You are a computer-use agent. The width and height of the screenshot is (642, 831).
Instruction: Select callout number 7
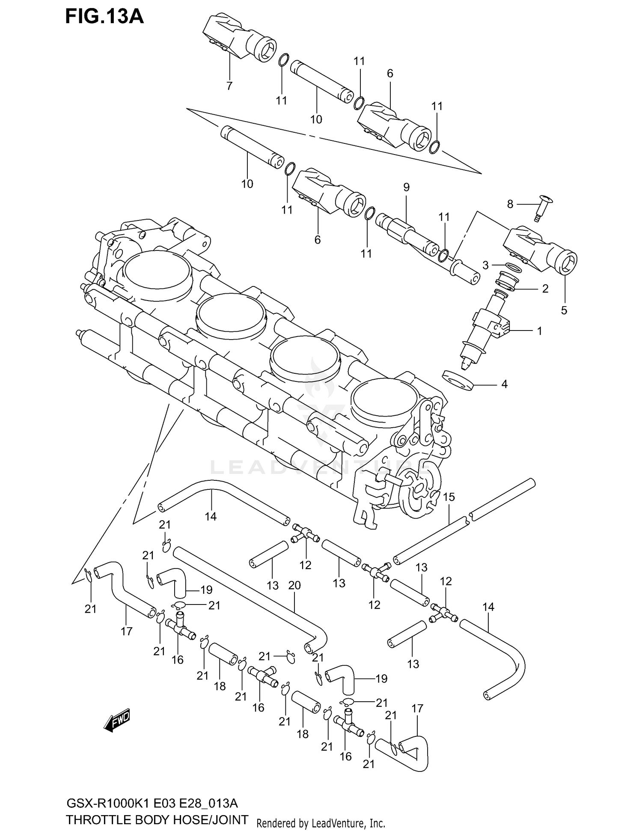tap(229, 86)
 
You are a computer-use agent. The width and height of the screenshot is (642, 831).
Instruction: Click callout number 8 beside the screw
tap(510, 204)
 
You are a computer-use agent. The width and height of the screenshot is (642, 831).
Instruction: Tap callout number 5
tap(564, 310)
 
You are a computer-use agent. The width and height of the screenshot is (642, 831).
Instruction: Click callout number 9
tap(406, 187)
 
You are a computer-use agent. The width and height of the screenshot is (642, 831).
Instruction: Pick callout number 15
tap(449, 497)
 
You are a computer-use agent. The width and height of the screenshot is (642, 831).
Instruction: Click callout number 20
tap(294, 585)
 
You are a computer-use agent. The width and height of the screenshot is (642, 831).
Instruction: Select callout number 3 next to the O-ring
tap(485, 265)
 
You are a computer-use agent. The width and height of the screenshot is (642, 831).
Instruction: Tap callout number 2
tap(545, 289)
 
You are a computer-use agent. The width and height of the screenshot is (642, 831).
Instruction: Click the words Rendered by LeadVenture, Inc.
tap(321, 823)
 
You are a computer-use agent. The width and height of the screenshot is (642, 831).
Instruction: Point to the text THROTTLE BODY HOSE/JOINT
tap(157, 819)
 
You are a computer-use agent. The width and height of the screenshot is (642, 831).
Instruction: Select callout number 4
tap(504, 384)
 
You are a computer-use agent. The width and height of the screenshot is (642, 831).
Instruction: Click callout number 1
tap(539, 331)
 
